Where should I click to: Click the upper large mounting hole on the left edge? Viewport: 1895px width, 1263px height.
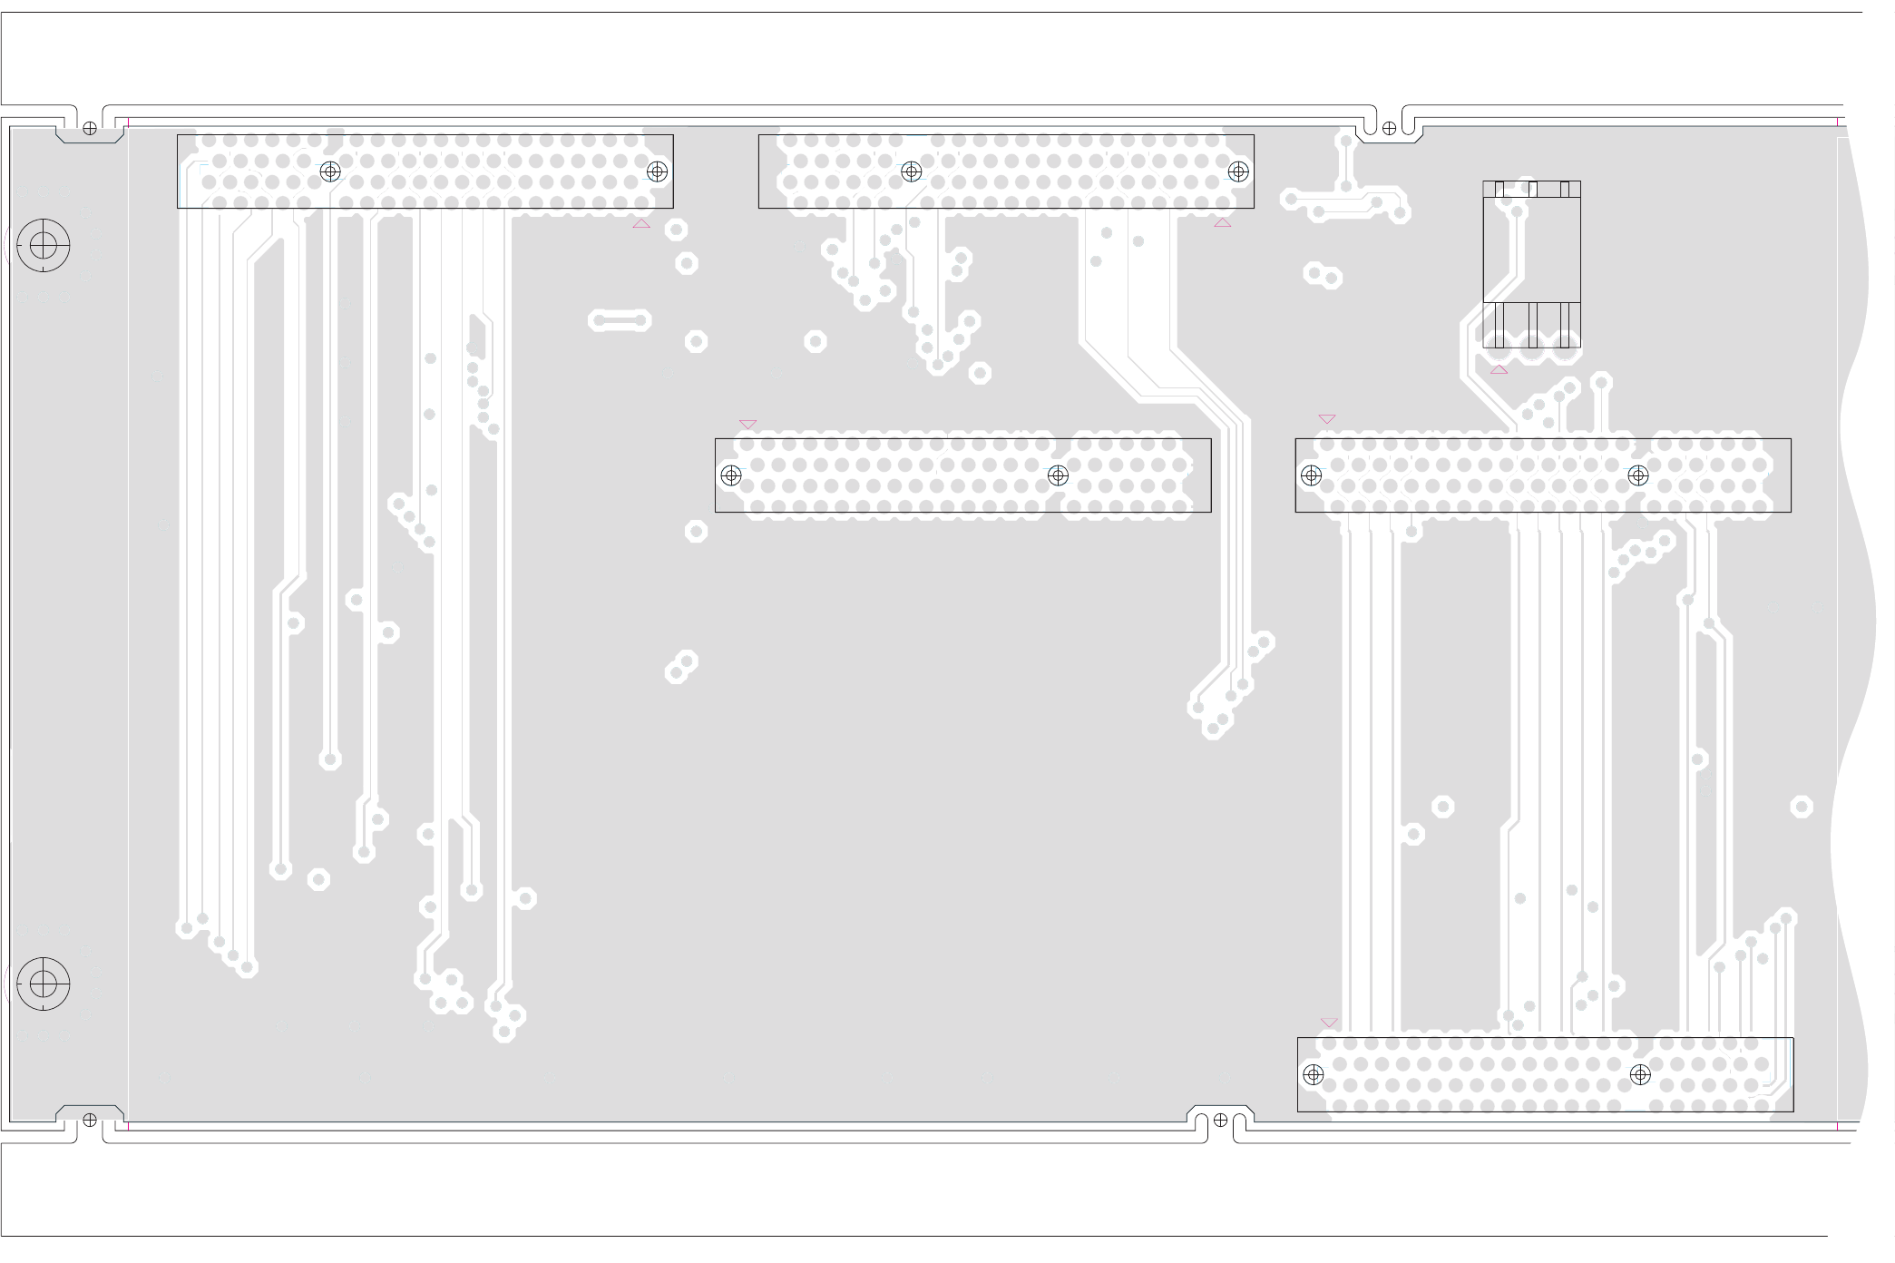[x=44, y=245]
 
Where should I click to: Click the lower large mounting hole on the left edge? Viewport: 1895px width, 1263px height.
[x=44, y=984]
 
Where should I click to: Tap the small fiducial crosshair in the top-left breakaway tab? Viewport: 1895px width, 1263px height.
[x=90, y=129]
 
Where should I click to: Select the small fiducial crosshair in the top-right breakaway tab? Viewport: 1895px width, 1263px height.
[x=1389, y=129]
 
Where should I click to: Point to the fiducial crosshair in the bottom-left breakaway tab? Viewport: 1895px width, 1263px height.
[x=90, y=1120]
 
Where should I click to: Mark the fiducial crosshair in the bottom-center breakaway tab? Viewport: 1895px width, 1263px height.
[x=1220, y=1120]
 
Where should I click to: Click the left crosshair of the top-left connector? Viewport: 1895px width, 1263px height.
[x=330, y=171]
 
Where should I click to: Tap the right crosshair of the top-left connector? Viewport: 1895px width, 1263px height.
[x=657, y=171]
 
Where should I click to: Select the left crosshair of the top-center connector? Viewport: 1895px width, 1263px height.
[x=912, y=171]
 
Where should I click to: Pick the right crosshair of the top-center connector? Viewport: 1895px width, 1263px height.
[x=1238, y=171]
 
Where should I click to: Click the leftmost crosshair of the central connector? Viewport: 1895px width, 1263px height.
[x=731, y=475]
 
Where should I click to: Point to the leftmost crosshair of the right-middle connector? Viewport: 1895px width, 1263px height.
[x=1311, y=475]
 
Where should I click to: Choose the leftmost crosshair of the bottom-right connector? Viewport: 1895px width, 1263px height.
[x=1313, y=1075]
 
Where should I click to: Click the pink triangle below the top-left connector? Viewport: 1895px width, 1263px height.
[x=641, y=224]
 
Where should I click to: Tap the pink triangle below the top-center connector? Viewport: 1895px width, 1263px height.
[x=1223, y=223]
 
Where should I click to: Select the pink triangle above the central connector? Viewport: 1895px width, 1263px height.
[x=747, y=424]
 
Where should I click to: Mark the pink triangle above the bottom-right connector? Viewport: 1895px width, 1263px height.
[x=1329, y=1022]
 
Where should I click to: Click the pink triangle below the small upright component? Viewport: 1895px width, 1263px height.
[x=1499, y=369]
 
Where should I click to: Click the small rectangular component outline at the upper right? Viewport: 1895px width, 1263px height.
[x=1531, y=264]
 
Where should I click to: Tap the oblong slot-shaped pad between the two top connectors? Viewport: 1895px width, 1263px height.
[x=620, y=320]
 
